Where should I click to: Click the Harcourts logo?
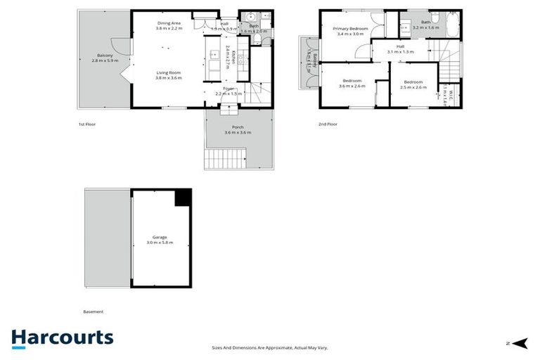[63, 337]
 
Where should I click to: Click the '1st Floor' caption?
[86, 124]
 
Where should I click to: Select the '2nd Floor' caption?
[328, 124]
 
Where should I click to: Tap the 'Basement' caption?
[93, 311]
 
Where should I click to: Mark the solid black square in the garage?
[183, 198]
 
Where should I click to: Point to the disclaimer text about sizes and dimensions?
[270, 347]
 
